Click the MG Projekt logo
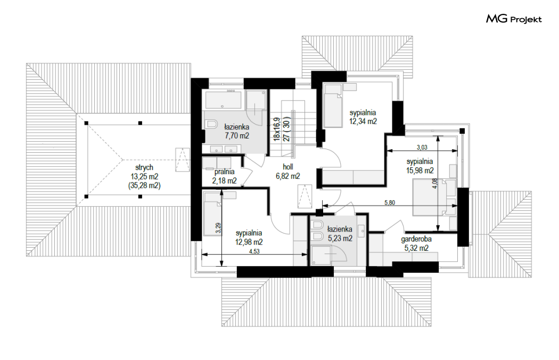pyautogui.click(x=514, y=19)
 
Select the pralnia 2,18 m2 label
pyautogui.click(x=224, y=176)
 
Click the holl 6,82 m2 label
pyautogui.click(x=287, y=171)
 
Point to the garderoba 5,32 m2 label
pyautogui.click(x=416, y=243)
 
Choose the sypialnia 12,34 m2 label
pyautogui.click(x=363, y=117)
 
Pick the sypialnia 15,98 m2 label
pyautogui.click(x=420, y=166)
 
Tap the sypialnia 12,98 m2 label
pyautogui.click(x=249, y=238)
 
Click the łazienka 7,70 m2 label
pyautogui.click(x=237, y=131)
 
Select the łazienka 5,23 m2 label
pyautogui.click(x=340, y=234)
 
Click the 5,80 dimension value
pyautogui.click(x=389, y=203)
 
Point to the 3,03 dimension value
pyautogui.click(x=422, y=147)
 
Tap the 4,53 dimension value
pyautogui.click(x=254, y=251)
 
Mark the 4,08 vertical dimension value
pyautogui.click(x=434, y=183)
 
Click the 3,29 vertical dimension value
pyautogui.click(x=218, y=228)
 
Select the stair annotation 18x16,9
pyautogui.click(x=277, y=129)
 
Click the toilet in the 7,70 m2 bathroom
pyautogui.click(x=211, y=124)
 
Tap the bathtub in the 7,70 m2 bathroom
pyautogui.click(x=222, y=100)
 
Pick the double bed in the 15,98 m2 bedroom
pyautogui.click(x=435, y=197)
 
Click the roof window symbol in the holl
pyautogui.click(x=304, y=196)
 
